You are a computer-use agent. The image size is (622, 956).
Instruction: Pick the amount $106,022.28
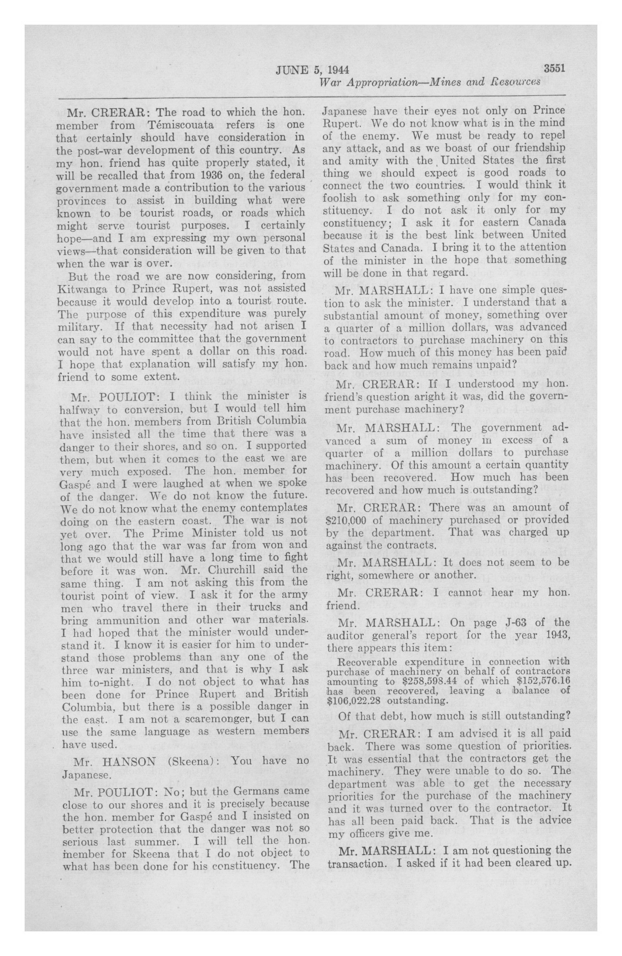[x=349, y=700]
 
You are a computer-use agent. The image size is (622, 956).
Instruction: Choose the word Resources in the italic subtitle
[x=515, y=82]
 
